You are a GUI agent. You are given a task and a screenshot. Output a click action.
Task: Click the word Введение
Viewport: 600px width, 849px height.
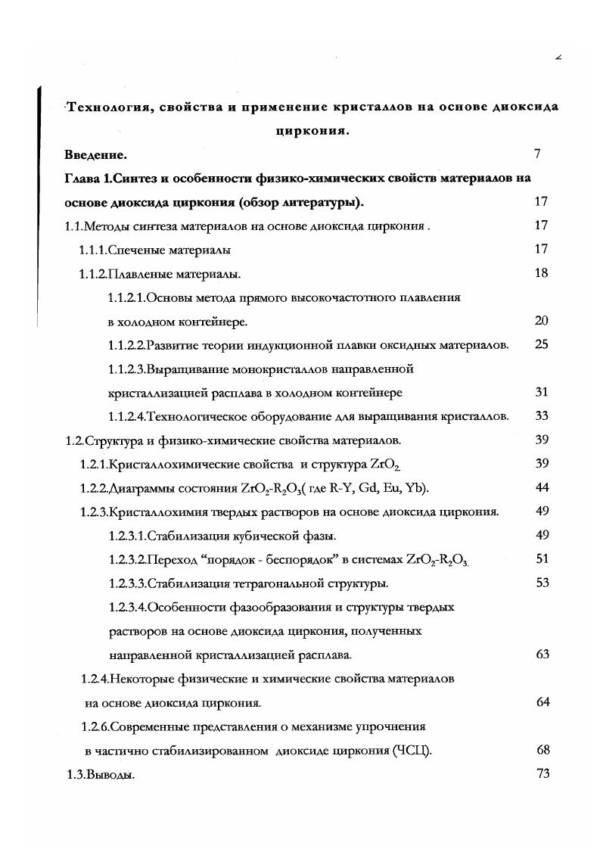[x=95, y=155]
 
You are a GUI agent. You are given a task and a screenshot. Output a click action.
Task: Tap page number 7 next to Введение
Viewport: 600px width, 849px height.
[x=536, y=154]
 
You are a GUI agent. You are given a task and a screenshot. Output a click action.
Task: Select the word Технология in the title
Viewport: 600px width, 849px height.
[x=110, y=107]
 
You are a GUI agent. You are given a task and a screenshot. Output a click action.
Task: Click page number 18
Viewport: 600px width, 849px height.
[x=541, y=273]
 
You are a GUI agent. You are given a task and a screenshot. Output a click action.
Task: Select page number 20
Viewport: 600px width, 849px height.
[x=541, y=321]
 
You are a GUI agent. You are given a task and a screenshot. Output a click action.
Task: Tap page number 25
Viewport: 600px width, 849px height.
[x=541, y=345]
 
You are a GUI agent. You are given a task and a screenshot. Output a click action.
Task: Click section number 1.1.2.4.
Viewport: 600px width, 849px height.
[x=127, y=416]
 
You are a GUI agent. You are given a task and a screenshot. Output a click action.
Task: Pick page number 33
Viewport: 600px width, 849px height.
[x=541, y=416]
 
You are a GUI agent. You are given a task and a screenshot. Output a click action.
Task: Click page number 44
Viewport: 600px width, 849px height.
[x=541, y=487]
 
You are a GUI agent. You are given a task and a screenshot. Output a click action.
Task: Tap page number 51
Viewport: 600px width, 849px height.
[x=541, y=559]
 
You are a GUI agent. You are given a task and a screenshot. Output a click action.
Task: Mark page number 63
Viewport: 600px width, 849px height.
[x=541, y=655]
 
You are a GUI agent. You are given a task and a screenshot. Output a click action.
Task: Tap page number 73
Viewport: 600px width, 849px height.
[x=541, y=773]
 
